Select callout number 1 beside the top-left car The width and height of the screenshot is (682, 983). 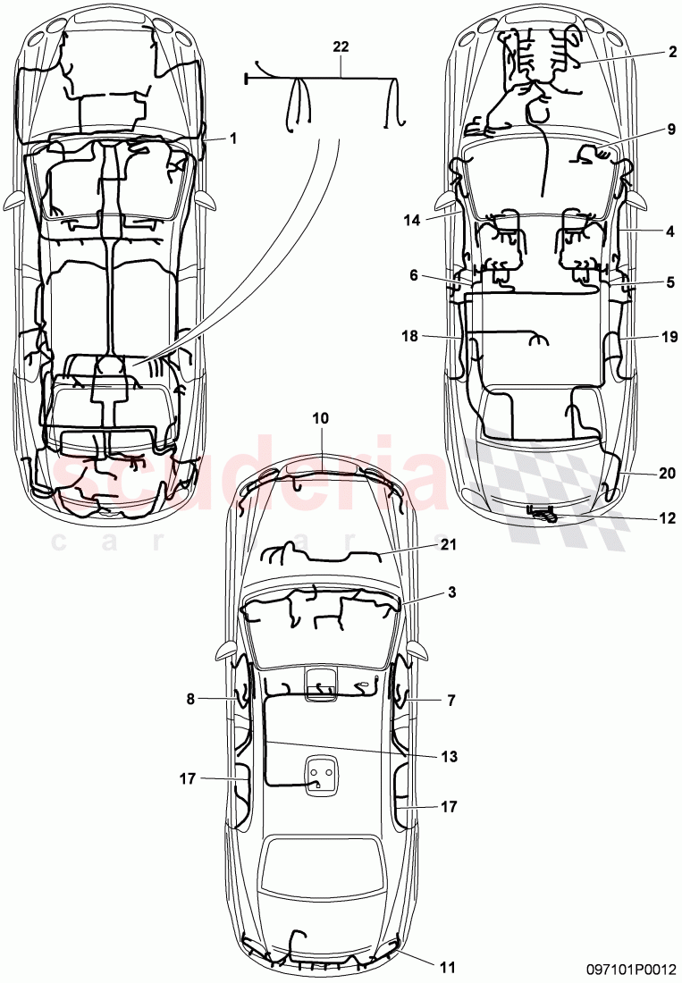pyautogui.click(x=233, y=139)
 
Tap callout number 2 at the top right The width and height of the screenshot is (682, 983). pyautogui.click(x=671, y=52)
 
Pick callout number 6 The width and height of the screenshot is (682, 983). pyautogui.click(x=414, y=276)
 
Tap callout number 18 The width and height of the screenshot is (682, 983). pyautogui.click(x=410, y=336)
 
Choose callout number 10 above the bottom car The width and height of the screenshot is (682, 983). pyautogui.click(x=321, y=417)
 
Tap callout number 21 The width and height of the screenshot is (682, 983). pyautogui.click(x=447, y=544)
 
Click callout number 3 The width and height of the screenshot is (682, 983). pyautogui.click(x=451, y=592)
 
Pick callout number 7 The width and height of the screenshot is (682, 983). pyautogui.click(x=451, y=701)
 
